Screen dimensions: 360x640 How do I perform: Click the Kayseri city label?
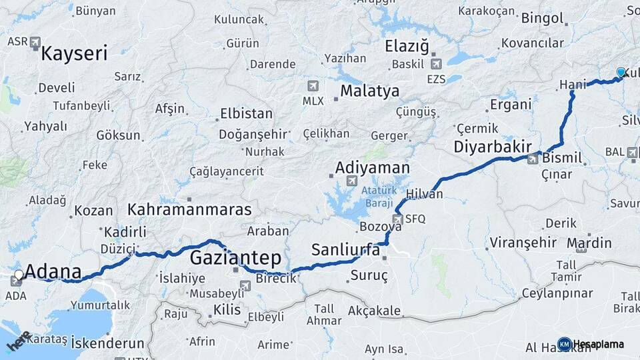pyautogui.click(x=74, y=53)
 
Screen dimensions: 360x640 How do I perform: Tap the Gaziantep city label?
pyautogui.click(x=236, y=257)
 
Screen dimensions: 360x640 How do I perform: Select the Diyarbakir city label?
pyautogui.click(x=493, y=147)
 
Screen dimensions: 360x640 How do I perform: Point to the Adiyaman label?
pyautogui.click(x=373, y=167)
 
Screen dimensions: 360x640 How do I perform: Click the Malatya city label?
pyautogui.click(x=369, y=91)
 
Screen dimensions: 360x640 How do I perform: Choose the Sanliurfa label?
pyautogui.click(x=345, y=251)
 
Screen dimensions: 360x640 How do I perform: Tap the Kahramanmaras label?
pyautogui.click(x=189, y=209)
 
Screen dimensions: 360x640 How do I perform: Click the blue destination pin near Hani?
pyautogui.click(x=621, y=73)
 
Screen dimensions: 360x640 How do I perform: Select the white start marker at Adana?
pyautogui.click(x=19, y=274)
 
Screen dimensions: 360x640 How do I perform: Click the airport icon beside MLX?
pyautogui.click(x=313, y=87)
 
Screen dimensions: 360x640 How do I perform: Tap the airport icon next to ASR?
pyautogui.click(x=35, y=41)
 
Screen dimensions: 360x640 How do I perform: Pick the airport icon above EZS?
pyautogui.click(x=437, y=65)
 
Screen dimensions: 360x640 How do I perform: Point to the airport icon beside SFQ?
pyautogui.click(x=398, y=218)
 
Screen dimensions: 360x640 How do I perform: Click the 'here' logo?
pyautogui.click(x=18, y=342)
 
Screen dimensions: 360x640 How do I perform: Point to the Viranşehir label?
pyautogui.click(x=522, y=241)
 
